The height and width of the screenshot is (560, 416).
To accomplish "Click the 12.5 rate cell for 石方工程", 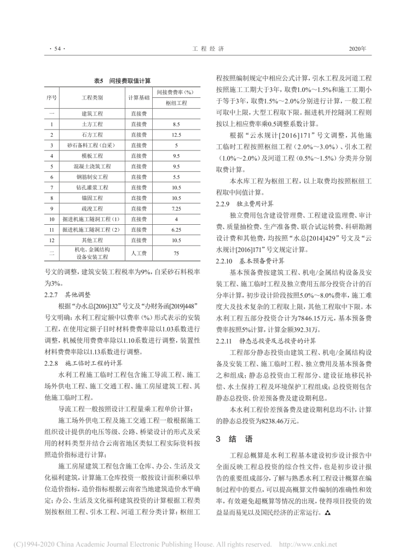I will [x=176, y=135].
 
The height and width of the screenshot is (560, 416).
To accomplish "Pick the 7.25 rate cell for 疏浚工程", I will [x=176, y=208].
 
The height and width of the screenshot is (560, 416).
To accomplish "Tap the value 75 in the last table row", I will [x=176, y=254].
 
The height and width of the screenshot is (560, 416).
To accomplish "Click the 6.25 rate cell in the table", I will [x=176, y=230].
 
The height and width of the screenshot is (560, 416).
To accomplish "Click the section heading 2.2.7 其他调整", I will [x=67, y=294].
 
